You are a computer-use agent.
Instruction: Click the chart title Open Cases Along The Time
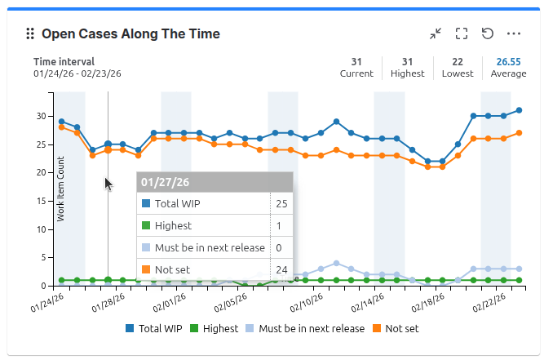point(130,34)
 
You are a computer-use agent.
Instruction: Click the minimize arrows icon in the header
point(436,33)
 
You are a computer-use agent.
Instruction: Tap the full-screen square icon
point(462,33)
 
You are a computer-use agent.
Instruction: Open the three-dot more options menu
point(513,33)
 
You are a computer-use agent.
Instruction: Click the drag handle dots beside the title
point(30,34)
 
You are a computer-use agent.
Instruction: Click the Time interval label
point(64,61)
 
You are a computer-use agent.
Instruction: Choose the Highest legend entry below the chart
point(214,329)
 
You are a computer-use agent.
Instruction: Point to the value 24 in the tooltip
point(281,270)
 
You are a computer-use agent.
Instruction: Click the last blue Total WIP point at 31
point(519,110)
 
